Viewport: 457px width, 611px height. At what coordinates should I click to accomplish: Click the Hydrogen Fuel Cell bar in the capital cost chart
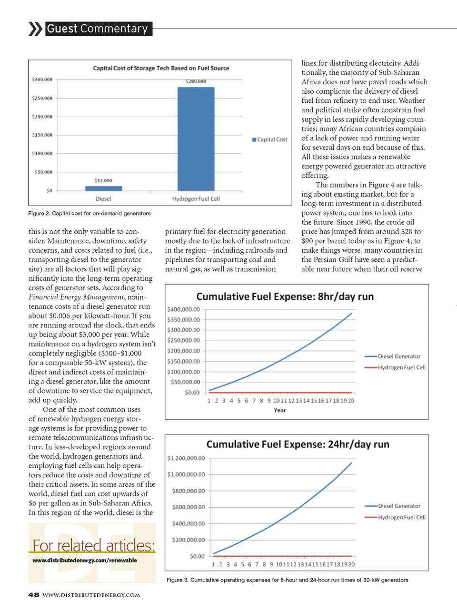(196, 138)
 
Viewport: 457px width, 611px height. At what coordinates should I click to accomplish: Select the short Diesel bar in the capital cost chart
(103, 188)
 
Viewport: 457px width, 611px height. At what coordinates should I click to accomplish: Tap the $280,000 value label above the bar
(196, 81)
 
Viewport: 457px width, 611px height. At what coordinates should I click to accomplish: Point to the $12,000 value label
(103, 180)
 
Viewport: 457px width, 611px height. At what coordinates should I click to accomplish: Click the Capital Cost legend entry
(269, 139)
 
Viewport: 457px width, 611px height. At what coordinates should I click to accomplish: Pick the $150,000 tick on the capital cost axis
(42, 135)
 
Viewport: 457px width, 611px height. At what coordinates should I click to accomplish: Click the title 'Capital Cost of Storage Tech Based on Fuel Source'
(161, 68)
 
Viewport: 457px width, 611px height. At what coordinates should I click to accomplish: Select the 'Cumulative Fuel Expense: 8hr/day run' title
(285, 297)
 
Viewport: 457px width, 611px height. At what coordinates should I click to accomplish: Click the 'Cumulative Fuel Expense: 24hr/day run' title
(298, 444)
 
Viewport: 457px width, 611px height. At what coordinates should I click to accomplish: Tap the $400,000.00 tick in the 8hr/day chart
(183, 309)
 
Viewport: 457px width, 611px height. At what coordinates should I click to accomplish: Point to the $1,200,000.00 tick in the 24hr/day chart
(186, 458)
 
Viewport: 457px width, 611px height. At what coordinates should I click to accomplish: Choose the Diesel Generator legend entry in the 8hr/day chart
(398, 356)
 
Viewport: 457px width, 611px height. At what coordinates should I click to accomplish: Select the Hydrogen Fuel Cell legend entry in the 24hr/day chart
(401, 517)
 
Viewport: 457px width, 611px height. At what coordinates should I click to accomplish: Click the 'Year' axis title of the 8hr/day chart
(280, 410)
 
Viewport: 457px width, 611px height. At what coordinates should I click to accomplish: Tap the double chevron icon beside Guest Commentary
(35, 29)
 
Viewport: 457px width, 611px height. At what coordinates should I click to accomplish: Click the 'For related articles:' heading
(93, 545)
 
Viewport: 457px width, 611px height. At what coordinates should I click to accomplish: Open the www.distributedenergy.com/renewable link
(85, 560)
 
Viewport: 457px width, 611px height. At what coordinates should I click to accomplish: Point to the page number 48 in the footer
(33, 595)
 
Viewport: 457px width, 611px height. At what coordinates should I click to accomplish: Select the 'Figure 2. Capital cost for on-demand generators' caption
(89, 213)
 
